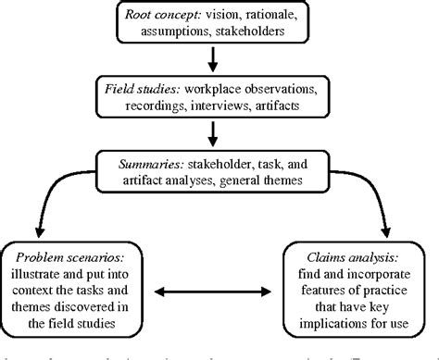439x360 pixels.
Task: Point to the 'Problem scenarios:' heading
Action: [70, 253]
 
